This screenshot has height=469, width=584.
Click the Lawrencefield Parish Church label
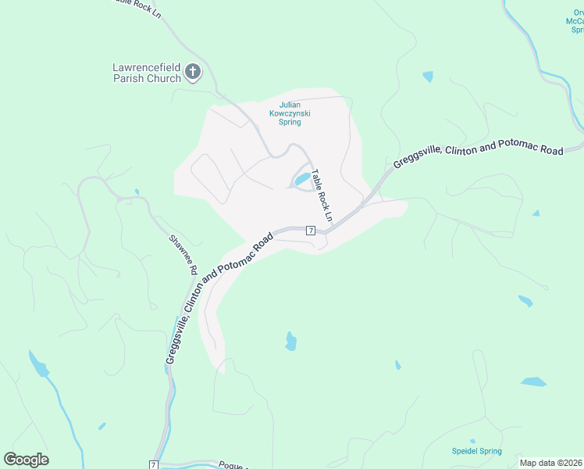[146, 73]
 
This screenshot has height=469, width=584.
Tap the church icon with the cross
[194, 73]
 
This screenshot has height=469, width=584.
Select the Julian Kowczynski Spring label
[290, 113]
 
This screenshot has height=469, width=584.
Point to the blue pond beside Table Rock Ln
[301, 180]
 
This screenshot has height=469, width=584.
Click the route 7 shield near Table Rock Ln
[310, 231]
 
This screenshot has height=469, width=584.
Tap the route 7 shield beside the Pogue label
[154, 465]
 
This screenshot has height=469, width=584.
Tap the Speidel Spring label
[477, 451]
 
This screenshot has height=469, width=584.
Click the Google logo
[26, 460]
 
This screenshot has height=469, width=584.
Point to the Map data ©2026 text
[551, 463]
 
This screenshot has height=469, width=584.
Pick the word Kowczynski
[290, 113]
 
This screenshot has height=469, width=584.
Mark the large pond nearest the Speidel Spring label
[534, 382]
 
